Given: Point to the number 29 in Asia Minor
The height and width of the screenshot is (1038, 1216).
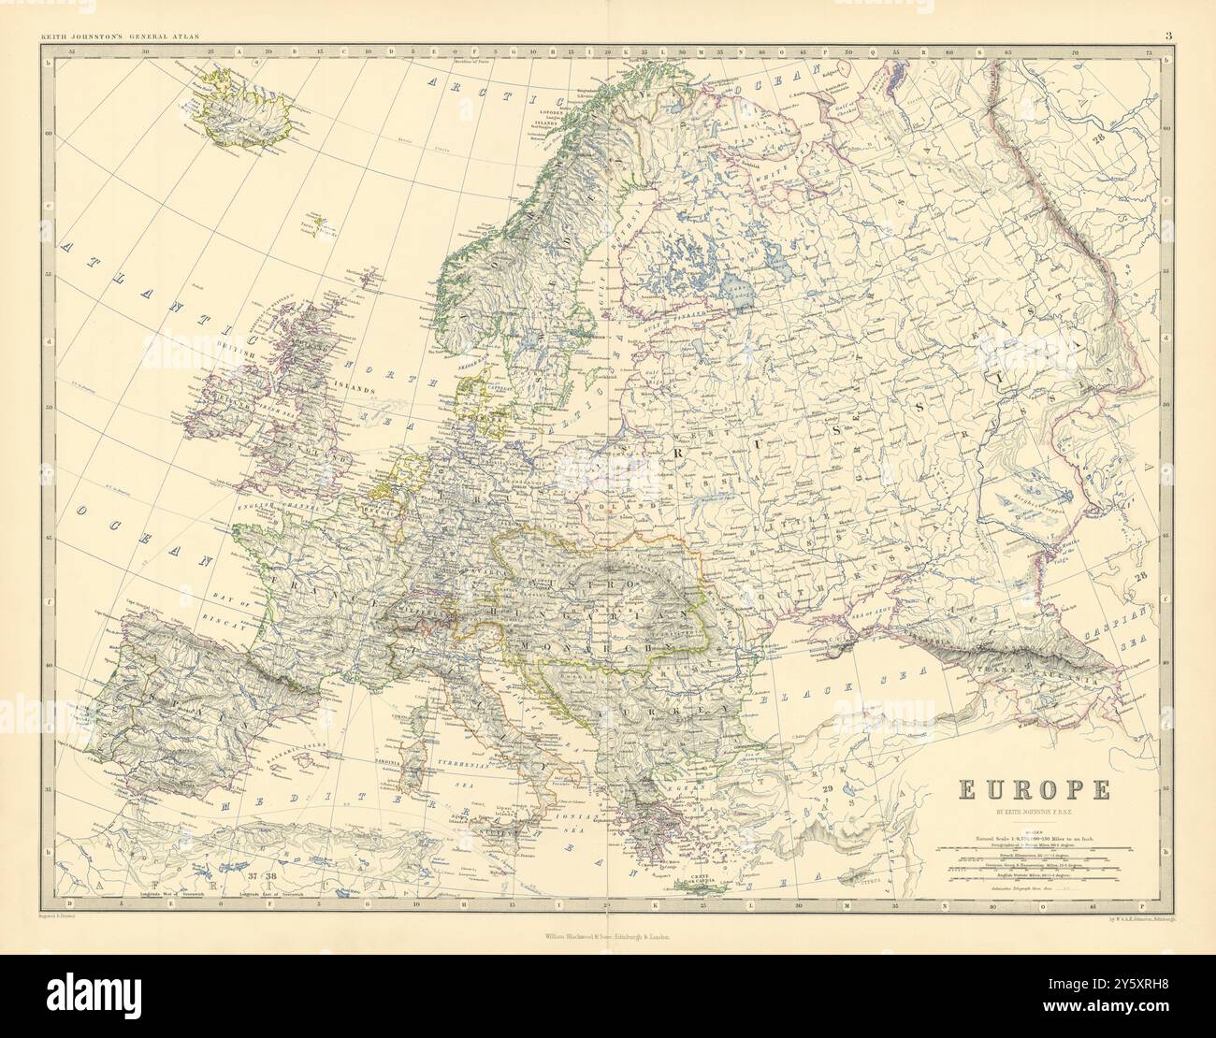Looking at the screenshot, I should point(827,792).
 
